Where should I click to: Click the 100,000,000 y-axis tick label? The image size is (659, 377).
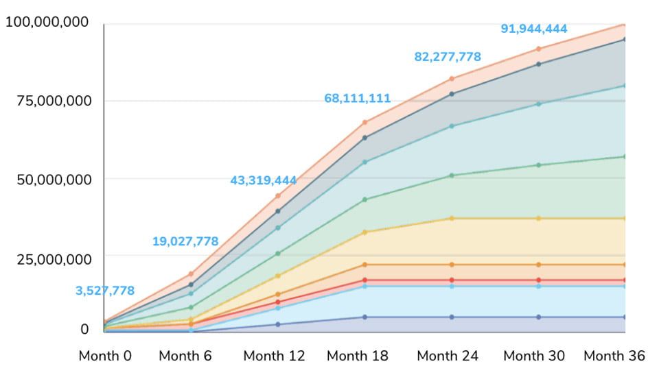tap(47, 23)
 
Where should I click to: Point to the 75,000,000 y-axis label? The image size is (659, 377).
tap(51, 101)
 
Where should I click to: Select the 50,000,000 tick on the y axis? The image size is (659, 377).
tap(51, 180)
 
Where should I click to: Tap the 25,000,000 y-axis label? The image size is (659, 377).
tap(51, 259)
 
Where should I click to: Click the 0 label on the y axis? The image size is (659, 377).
tap(84, 329)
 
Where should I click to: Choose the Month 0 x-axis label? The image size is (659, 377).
tap(104, 356)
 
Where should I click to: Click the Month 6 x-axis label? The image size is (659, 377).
tap(185, 356)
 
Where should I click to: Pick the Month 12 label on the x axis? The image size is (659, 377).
tap(274, 356)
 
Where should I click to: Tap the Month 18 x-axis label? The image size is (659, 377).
tap(357, 356)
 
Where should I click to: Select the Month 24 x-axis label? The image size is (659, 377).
tap(448, 356)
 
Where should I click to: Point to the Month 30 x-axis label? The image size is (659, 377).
tap(534, 356)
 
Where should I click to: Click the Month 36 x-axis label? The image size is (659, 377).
tap(614, 356)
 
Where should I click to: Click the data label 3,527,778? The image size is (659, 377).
tap(105, 291)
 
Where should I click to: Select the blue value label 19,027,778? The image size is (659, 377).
tap(185, 241)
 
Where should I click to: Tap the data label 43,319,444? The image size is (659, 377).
tap(264, 181)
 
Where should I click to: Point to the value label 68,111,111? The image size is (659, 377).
tap(357, 99)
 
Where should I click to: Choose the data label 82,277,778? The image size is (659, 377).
tap(448, 57)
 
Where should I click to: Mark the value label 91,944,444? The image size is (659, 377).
tap(534, 29)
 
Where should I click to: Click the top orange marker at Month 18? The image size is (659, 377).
tap(365, 123)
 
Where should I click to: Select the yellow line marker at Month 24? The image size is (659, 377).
tap(452, 218)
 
